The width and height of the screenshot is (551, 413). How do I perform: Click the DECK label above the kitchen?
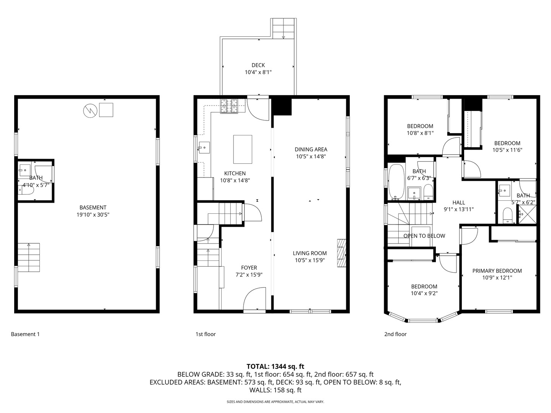pos(258,65)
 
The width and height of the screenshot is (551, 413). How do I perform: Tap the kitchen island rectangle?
pos(243,149)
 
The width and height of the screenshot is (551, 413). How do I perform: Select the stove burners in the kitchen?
pos(228,106)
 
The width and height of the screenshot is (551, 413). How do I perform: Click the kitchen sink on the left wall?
pos(204,147)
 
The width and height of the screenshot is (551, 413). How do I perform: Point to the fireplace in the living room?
pos(341,253)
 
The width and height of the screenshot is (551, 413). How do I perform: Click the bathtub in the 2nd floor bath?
pos(396,182)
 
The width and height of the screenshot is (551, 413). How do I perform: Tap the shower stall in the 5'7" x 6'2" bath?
pos(527,214)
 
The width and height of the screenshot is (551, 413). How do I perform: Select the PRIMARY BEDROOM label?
pos(497,271)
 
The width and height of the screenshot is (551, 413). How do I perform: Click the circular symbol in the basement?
pos(90,111)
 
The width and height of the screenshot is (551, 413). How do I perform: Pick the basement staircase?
pos(29,257)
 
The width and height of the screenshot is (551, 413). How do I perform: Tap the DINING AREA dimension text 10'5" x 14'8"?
pos(311,156)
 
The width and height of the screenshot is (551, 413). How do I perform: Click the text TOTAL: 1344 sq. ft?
pos(275,366)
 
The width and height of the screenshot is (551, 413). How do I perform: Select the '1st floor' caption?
pos(205,334)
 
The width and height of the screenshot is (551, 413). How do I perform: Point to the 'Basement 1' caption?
pos(25,334)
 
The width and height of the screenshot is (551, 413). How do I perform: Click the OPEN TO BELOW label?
pos(424,236)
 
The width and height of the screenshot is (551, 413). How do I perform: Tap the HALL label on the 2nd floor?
pos(458,203)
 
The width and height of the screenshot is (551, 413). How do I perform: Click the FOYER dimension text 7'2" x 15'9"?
pos(249,275)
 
